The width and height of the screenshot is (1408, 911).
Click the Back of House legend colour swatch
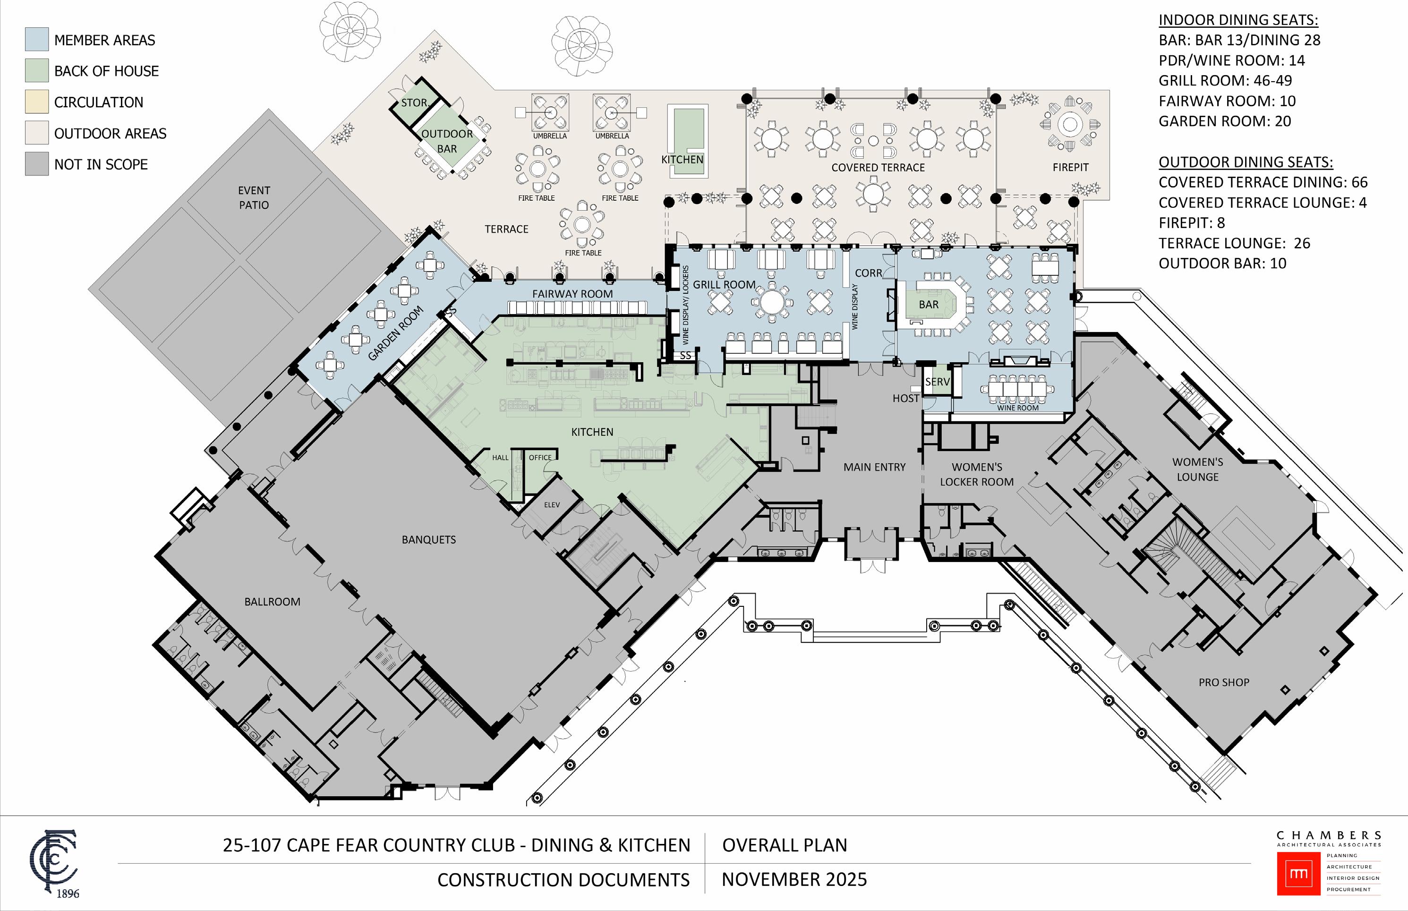click(37, 70)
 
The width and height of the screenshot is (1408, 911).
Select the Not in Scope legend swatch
click(37, 164)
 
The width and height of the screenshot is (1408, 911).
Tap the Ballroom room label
click(272, 602)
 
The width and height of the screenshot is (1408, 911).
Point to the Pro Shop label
click(1223, 682)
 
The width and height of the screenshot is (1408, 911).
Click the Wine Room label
click(1017, 408)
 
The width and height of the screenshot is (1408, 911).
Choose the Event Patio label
click(254, 197)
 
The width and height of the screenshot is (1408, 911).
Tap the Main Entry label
click(874, 467)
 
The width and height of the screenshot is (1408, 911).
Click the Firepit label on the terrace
click(1070, 167)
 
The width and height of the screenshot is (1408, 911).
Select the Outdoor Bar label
click(447, 141)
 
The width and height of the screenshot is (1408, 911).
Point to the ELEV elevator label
click(551, 504)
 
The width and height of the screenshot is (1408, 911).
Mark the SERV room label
click(937, 382)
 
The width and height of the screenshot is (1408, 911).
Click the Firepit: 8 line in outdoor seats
click(1191, 223)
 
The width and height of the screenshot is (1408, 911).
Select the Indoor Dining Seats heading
click(1237, 20)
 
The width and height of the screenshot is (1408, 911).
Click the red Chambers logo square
click(1298, 873)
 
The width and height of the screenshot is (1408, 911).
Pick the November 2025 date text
click(794, 880)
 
